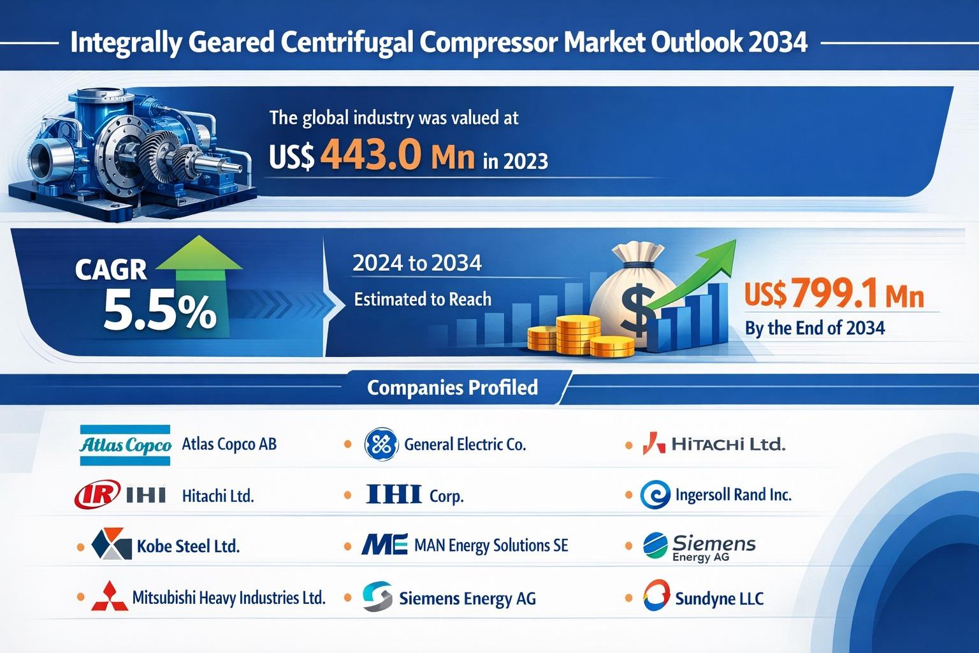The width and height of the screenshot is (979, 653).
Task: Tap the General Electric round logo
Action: coord(381,444)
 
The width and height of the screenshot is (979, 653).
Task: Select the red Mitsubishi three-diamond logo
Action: coord(110,598)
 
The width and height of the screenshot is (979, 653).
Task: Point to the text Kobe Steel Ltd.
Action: coord(188,547)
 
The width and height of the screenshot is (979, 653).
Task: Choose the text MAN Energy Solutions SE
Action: coord(491,546)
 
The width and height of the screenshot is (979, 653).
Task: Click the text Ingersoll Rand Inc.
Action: coord(733,495)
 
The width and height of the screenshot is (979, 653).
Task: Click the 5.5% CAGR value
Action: coord(159,312)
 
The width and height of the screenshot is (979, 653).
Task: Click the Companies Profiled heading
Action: coord(453,387)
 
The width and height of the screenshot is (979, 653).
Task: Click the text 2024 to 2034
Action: coord(417,263)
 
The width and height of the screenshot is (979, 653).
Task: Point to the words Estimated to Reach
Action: coord(423,298)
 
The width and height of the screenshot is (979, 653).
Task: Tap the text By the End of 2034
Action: coord(815,328)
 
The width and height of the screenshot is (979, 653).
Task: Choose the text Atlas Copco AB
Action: coord(229,444)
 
